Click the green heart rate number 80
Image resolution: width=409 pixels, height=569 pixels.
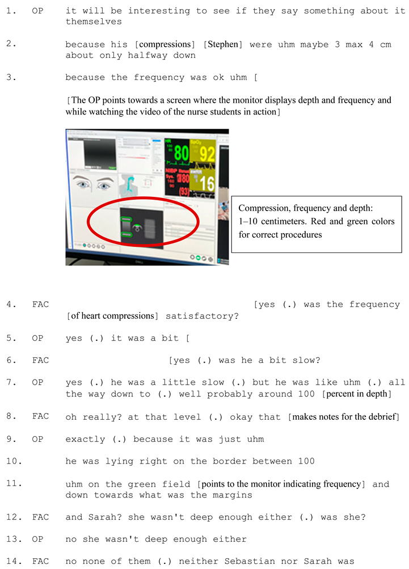click(x=182, y=153)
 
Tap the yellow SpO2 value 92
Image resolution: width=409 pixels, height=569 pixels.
click(x=207, y=154)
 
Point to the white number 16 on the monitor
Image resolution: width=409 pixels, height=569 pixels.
click(x=207, y=183)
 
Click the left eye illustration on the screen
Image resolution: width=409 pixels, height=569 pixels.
click(x=83, y=184)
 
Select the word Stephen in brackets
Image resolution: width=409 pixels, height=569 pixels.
click(x=223, y=44)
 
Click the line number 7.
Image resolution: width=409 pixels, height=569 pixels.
click(x=11, y=382)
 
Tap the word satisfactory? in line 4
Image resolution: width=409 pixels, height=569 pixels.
click(x=202, y=316)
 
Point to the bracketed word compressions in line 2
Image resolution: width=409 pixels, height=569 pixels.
click(x=165, y=44)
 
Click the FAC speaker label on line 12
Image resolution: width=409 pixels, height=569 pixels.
click(x=40, y=517)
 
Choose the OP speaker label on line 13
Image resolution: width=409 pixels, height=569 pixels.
click(x=37, y=540)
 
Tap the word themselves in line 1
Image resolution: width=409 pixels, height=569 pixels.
click(x=94, y=22)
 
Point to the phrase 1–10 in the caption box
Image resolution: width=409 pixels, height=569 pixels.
click(x=248, y=221)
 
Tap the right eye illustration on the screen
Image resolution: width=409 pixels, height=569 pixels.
click(x=104, y=185)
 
